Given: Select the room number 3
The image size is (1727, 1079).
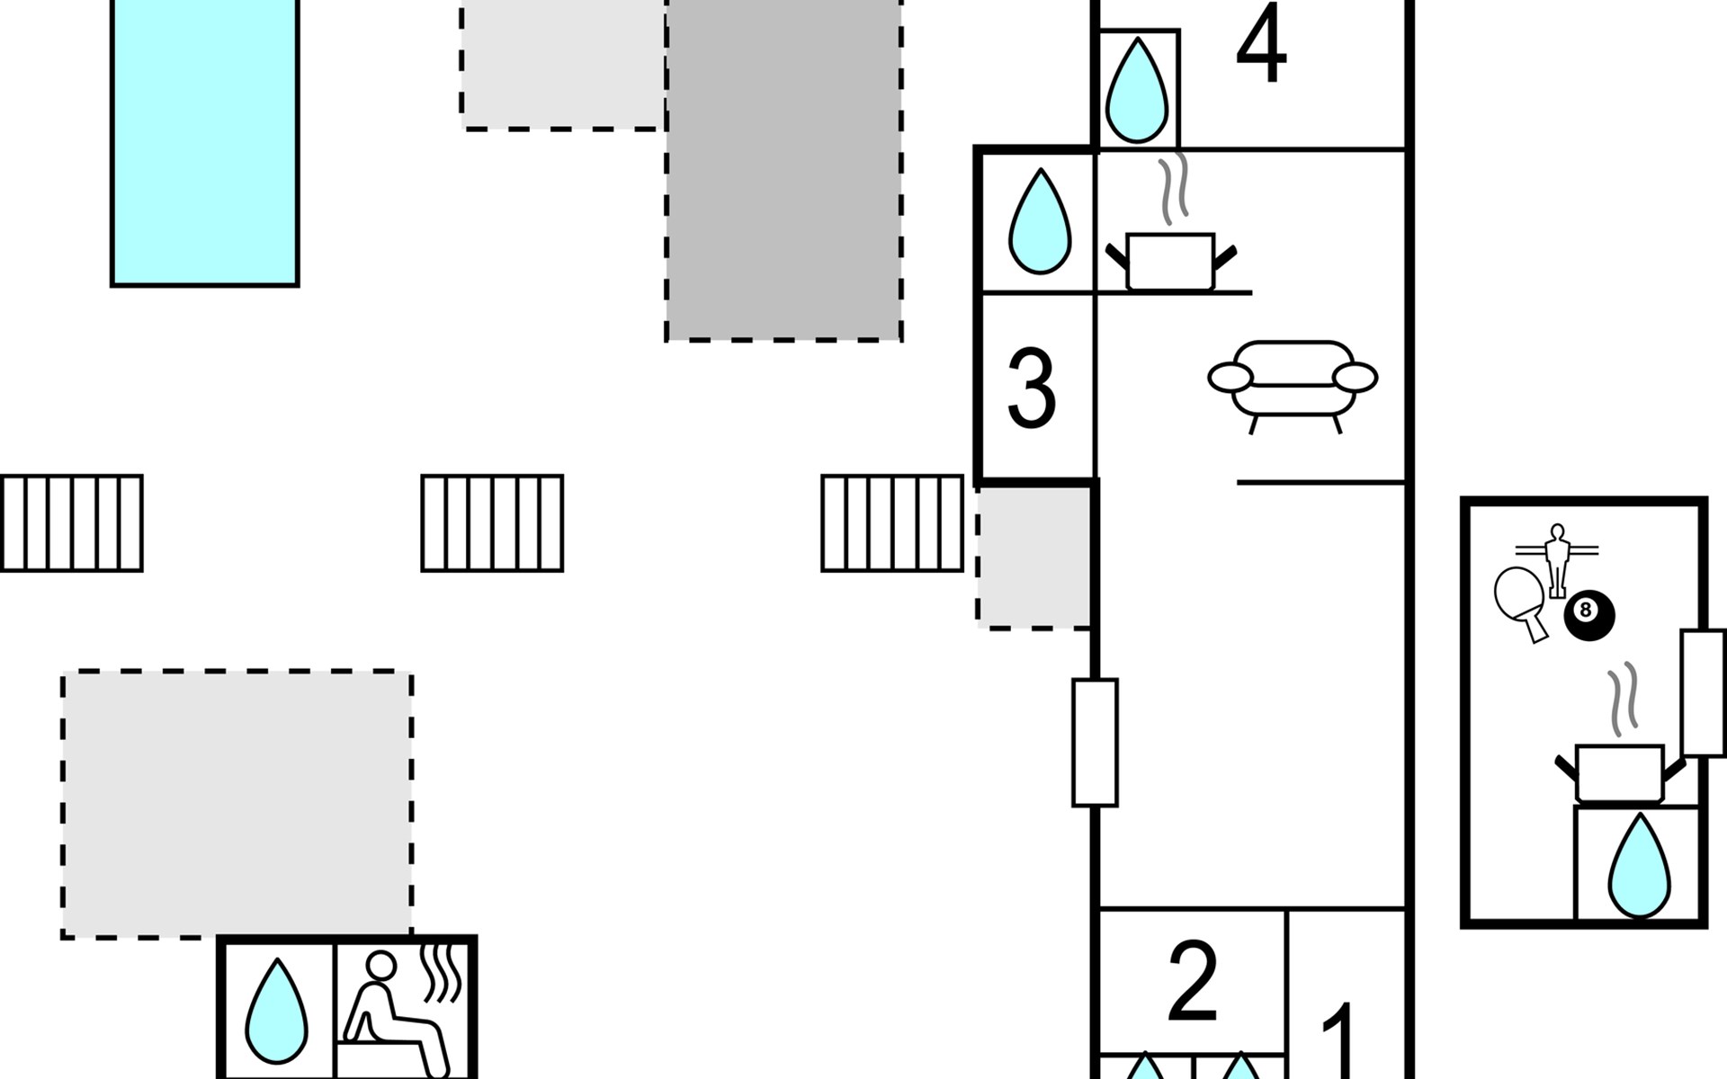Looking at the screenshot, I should point(1032,389).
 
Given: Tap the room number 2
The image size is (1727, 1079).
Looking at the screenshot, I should point(1193,982).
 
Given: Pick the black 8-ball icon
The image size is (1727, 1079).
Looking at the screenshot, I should point(1589,616).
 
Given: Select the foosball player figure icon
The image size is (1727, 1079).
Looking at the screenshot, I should point(1557,555).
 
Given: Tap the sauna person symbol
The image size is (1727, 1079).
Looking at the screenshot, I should point(396,1012).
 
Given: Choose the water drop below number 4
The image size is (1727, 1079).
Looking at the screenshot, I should point(1137,91).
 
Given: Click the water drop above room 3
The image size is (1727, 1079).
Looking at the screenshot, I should point(1039,222).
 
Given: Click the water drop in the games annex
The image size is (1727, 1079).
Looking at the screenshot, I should point(1638,867).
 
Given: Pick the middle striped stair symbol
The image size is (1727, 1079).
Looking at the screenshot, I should point(492,523).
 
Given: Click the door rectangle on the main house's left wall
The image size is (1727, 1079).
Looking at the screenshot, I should point(1095,743).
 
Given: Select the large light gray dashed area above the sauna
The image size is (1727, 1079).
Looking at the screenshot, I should point(237,804).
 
